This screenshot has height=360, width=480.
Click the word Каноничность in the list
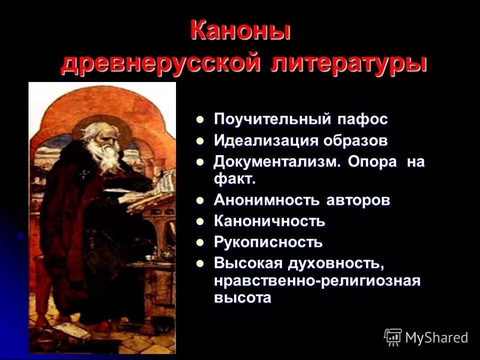coord(269,221)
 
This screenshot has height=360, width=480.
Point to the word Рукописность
coord(268,242)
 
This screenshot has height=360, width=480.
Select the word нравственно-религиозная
coord(317,280)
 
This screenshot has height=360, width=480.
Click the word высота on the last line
coord(242,298)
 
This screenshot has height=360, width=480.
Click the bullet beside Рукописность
coord(200,242)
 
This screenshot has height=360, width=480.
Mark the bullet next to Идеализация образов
coord(200,140)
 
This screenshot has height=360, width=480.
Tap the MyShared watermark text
coord(436,337)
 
